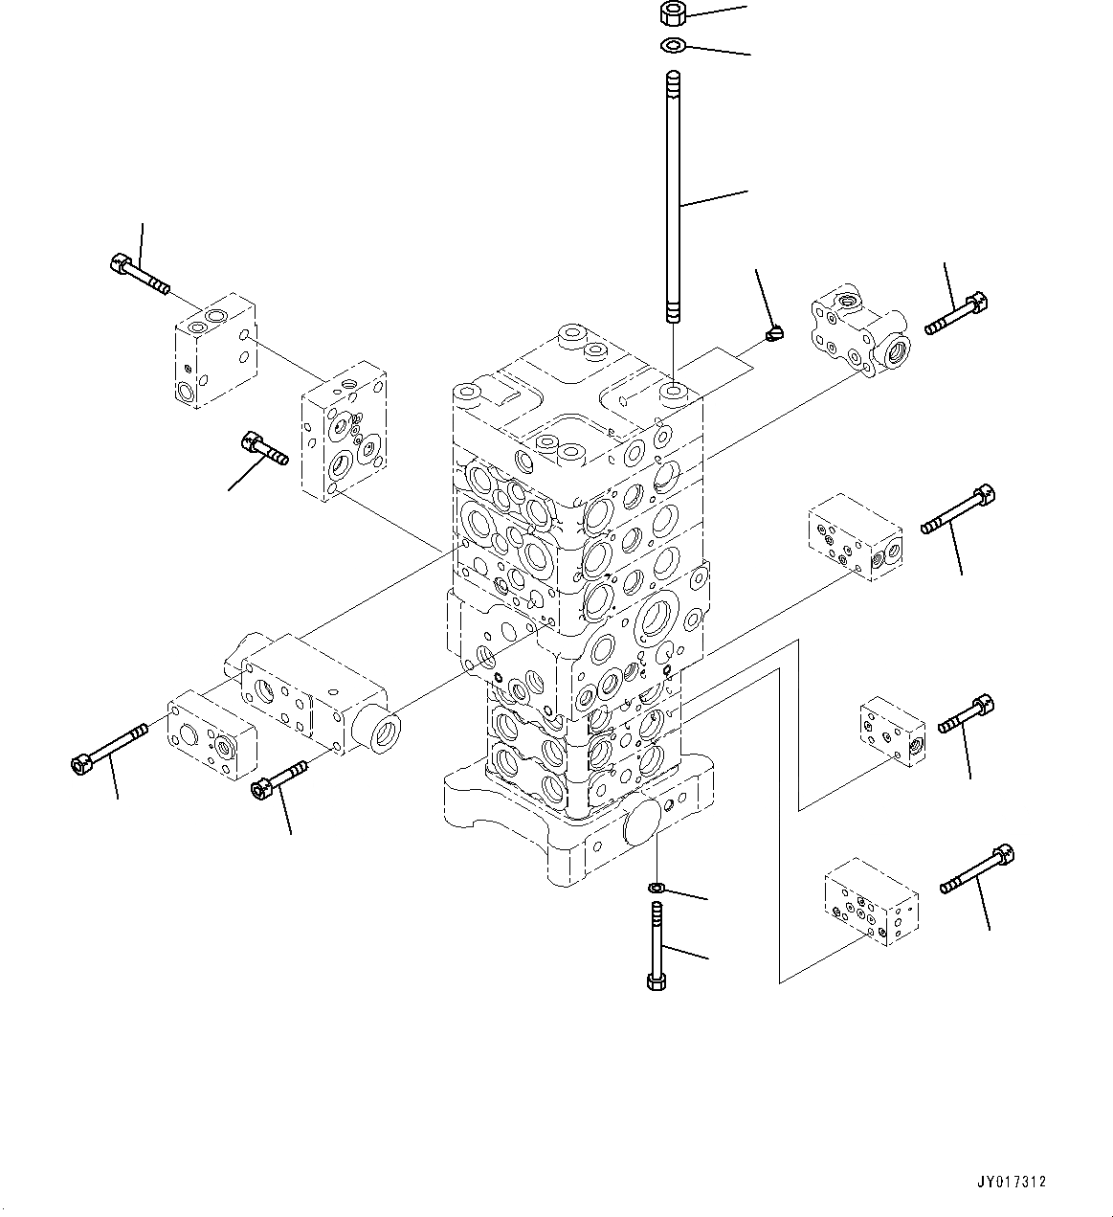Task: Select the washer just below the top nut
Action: [x=672, y=44]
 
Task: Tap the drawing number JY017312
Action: [x=1013, y=1182]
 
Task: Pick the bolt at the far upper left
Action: [x=139, y=272]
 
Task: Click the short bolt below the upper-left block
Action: [x=265, y=448]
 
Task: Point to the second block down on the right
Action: [x=855, y=537]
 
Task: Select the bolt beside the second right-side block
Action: [x=957, y=510]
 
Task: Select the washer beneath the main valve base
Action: [x=656, y=888]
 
